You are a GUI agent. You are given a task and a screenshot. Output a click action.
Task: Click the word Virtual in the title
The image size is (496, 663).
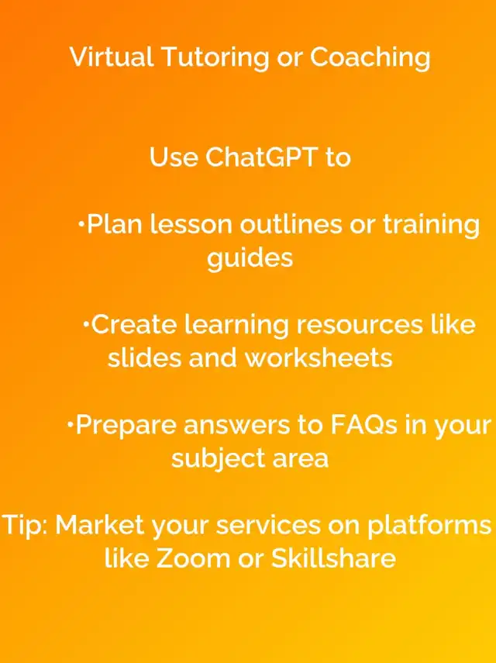point(111,57)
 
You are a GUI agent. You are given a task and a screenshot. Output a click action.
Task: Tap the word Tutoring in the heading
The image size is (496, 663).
point(215,57)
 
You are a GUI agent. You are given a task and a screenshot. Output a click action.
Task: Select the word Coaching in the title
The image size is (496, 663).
point(370,57)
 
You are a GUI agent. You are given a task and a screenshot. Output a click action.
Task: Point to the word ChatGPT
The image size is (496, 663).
point(261,157)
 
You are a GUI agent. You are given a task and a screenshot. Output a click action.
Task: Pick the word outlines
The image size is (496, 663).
point(291,223)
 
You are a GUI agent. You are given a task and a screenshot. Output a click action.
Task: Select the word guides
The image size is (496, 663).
point(250,257)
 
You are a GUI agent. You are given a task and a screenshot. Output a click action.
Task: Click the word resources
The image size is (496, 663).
point(359,325)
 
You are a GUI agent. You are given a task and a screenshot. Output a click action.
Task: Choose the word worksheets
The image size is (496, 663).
point(319,357)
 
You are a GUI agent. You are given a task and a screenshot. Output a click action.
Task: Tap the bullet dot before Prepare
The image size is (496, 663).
point(70,424)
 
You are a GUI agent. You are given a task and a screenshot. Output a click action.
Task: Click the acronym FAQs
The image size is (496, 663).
point(363,425)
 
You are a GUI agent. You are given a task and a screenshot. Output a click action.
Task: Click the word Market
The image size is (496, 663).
point(99,525)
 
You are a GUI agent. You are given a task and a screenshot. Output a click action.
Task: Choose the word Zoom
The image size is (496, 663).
point(193,558)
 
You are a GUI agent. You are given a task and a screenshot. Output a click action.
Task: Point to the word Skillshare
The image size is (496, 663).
point(333,558)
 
